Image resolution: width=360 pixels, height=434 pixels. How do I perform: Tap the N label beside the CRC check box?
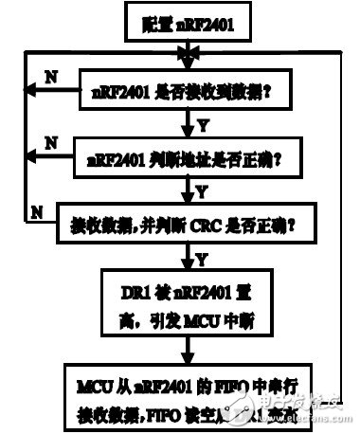(x=37, y=208)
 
